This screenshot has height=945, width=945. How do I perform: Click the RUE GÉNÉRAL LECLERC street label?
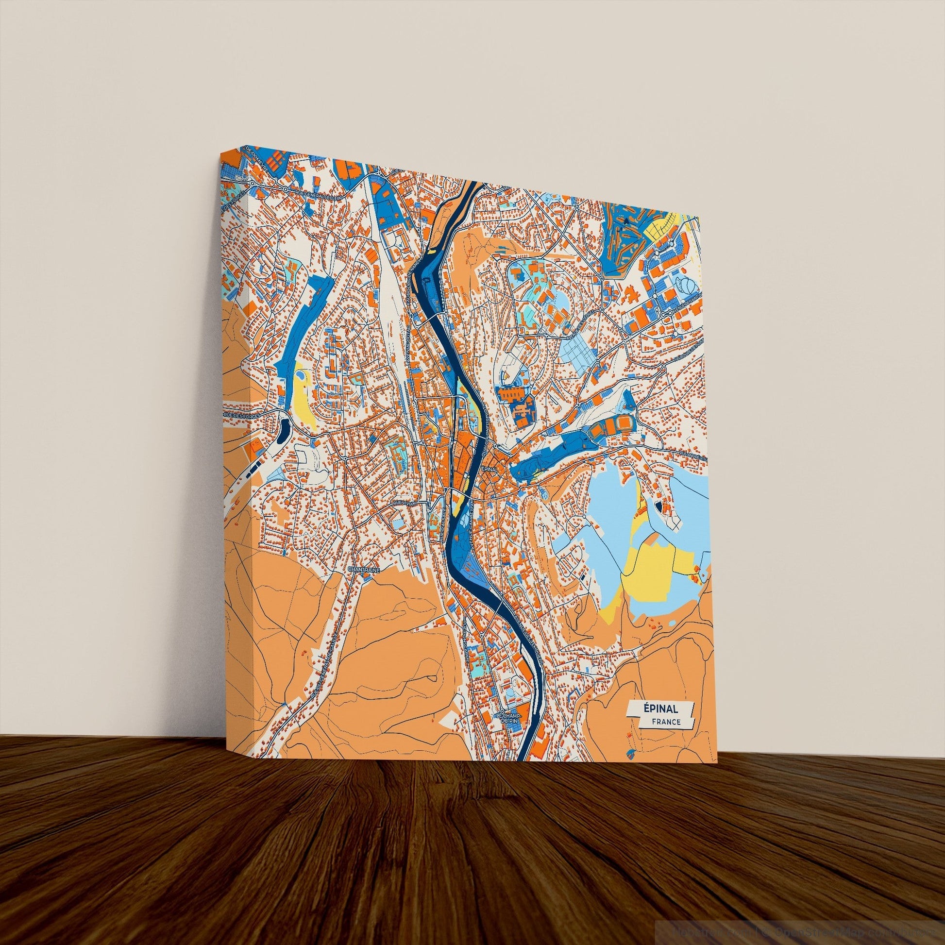[x=317, y=195]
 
